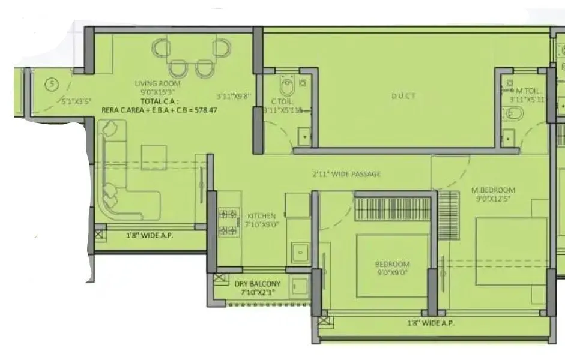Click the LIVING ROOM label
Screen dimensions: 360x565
(157, 83)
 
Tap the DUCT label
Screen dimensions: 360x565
(403, 96)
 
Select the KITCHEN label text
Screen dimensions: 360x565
(262, 215)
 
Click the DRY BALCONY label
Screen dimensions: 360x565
(258, 284)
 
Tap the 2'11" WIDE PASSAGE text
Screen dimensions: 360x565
(346, 175)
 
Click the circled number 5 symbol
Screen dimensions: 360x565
(52, 85)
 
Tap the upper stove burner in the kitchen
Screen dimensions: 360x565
(228, 213)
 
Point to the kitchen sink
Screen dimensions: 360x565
(298, 252)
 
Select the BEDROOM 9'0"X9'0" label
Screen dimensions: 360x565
(392, 268)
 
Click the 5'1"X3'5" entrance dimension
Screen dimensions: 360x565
(76, 101)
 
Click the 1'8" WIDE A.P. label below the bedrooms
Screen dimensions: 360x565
(431, 323)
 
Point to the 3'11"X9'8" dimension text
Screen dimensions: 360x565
(233, 95)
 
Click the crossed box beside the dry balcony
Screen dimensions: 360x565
(220, 280)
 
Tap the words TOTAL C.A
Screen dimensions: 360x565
(157, 102)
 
